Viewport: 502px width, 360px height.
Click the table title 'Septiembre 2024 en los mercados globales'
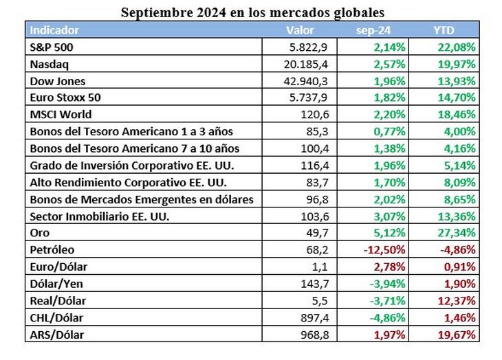point(252,12)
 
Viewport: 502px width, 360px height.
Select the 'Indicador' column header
point(54,30)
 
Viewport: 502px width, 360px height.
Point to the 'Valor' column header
point(300,30)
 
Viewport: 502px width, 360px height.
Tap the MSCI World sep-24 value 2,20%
point(391,115)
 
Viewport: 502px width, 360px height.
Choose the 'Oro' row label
point(41,233)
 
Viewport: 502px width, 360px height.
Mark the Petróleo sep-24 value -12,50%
point(384,249)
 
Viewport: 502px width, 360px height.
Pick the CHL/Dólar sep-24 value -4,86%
point(387,317)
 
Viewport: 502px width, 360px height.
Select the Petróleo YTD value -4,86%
point(458,249)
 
